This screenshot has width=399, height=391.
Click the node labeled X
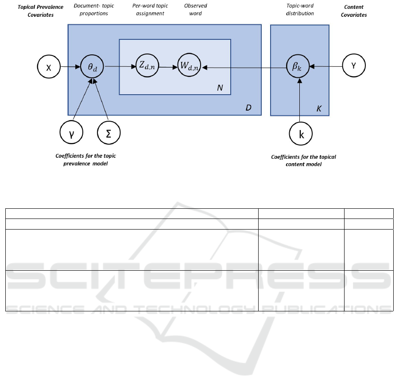(49, 67)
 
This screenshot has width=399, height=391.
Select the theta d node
(92, 67)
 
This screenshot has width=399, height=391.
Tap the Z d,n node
(147, 65)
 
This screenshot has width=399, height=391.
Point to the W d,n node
(189, 65)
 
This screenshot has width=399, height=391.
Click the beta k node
(298, 66)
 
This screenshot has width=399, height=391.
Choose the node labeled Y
(354, 65)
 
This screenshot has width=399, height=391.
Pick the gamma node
(71, 132)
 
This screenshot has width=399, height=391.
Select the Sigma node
(108, 133)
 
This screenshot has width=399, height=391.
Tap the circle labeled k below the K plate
(301, 134)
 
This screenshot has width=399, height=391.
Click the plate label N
(220, 88)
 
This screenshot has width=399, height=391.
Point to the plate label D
(248, 107)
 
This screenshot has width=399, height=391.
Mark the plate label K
(319, 109)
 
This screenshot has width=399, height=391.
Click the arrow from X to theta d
(70, 67)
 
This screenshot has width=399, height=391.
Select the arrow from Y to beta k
(326, 66)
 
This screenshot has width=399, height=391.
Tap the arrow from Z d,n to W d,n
(168, 67)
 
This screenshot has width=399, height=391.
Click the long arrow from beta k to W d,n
(244, 68)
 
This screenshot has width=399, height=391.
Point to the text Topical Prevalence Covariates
(40, 11)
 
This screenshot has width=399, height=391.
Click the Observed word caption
(195, 9)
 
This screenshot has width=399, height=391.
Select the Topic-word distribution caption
(300, 9)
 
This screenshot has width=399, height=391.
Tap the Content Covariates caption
(354, 11)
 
